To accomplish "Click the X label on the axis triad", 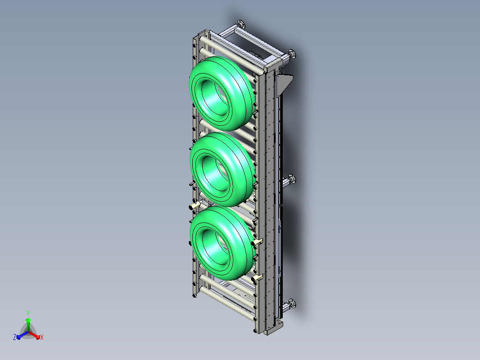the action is tap(42, 337).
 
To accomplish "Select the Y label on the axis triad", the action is tap(28, 313).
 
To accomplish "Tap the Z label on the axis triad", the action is tap(15, 337).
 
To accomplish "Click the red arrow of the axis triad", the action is tap(34, 335).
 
